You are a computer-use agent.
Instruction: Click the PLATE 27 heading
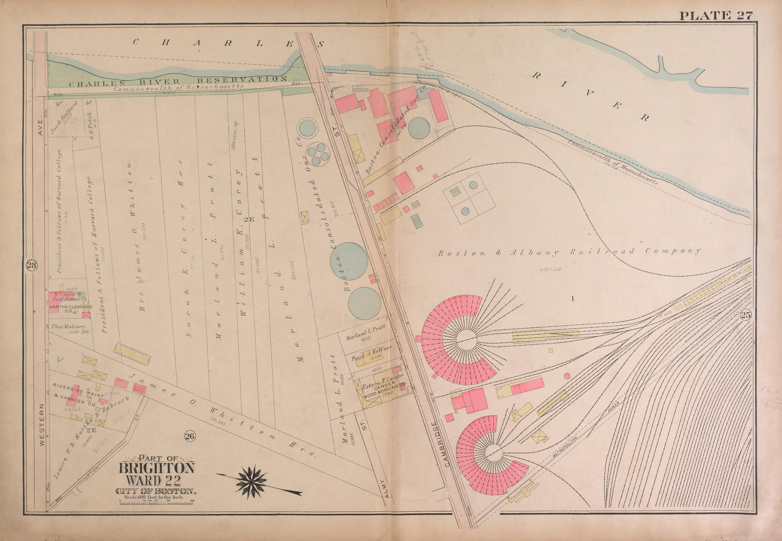coord(716,15)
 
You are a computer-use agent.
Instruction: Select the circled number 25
coord(744,315)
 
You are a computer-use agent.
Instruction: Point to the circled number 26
coord(189,436)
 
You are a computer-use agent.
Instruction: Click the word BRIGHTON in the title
coord(157,468)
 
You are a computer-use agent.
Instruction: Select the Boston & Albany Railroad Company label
coord(568,252)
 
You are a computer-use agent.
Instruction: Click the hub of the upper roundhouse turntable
coord(467,340)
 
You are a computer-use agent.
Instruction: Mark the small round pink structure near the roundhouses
coord(567,376)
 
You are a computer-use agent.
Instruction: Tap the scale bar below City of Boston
coord(157,501)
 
